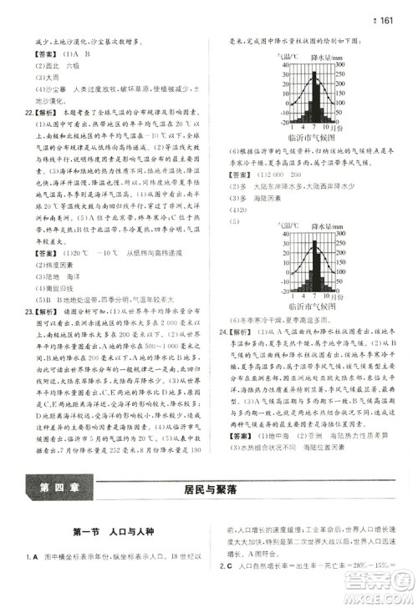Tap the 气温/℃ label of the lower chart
(x=282, y=224)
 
